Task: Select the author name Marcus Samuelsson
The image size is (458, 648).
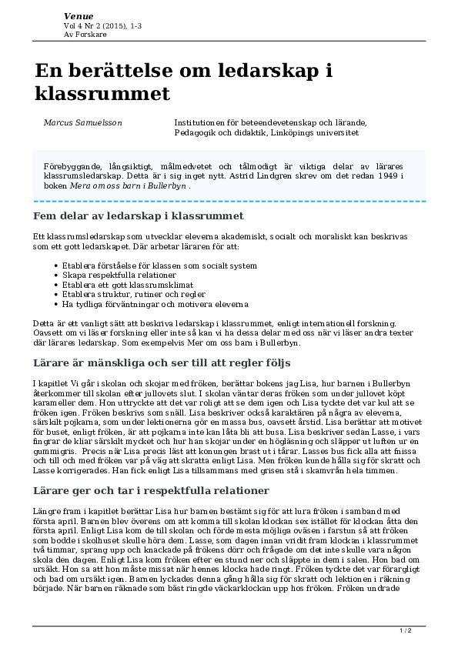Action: pyautogui.click(x=82, y=122)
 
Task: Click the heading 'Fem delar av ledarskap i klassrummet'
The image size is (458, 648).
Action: pyautogui.click(x=139, y=216)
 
